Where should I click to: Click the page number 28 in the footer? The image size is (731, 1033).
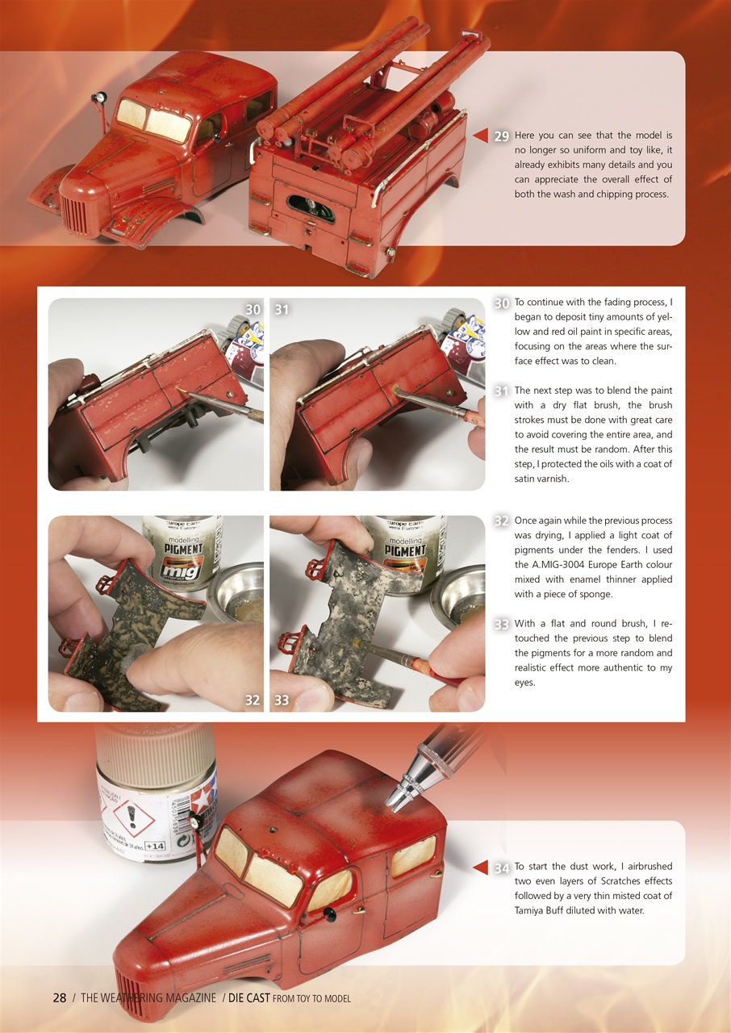[60, 998]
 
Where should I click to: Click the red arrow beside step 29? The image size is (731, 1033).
[481, 136]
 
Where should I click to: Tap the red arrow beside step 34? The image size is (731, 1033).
[481, 868]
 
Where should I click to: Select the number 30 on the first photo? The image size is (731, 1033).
[253, 310]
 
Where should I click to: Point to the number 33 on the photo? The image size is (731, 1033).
[281, 701]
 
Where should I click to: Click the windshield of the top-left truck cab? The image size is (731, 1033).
[153, 121]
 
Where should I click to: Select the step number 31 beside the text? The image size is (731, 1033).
[501, 391]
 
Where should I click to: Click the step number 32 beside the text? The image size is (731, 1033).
[501, 521]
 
